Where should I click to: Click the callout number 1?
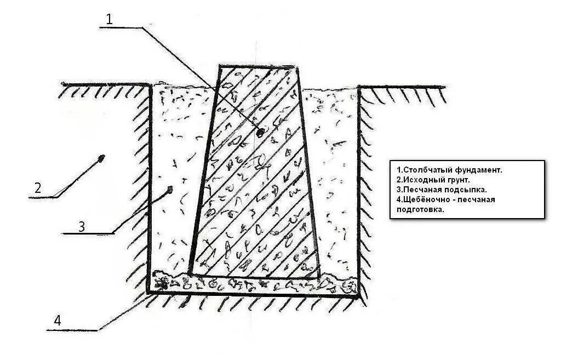point(109,19)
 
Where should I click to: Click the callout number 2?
point(37,187)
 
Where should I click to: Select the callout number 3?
point(81,226)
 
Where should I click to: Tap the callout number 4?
point(57,321)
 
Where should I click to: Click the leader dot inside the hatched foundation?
point(261,132)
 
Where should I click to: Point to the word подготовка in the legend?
point(417,209)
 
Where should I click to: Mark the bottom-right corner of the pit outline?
point(359,296)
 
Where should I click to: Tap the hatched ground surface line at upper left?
point(104,84)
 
